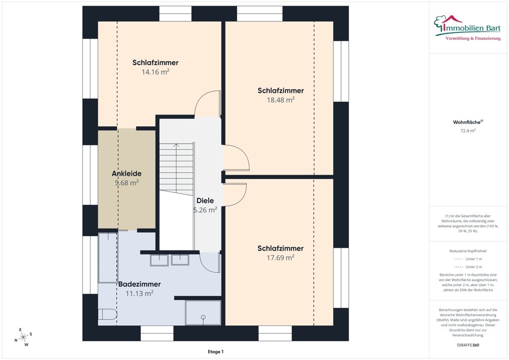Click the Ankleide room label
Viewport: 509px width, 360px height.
pos(127,173)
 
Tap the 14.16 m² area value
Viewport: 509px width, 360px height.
pos(155,72)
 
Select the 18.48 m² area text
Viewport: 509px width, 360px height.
pos(281,100)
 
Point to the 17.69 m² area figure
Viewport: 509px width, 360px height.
pos(280,258)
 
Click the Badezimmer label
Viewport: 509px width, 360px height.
pos(139,284)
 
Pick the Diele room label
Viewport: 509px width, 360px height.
pos(205,200)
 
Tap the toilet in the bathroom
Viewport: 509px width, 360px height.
pos(107,314)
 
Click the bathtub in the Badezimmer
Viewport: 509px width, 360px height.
pos(108,258)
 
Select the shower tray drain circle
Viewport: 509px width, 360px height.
pos(203,317)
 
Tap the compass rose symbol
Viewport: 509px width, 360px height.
pos(23,337)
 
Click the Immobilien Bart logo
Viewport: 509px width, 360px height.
pos(467,28)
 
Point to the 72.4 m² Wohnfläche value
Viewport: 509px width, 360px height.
pos(468,131)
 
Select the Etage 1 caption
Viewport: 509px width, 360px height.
pos(215,351)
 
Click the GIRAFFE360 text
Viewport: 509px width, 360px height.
pos(468,345)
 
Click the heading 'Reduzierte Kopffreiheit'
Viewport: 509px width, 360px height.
pos(468,251)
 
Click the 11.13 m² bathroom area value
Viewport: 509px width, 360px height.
pos(139,293)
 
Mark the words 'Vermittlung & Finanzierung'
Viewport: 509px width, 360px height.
pos(473,39)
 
